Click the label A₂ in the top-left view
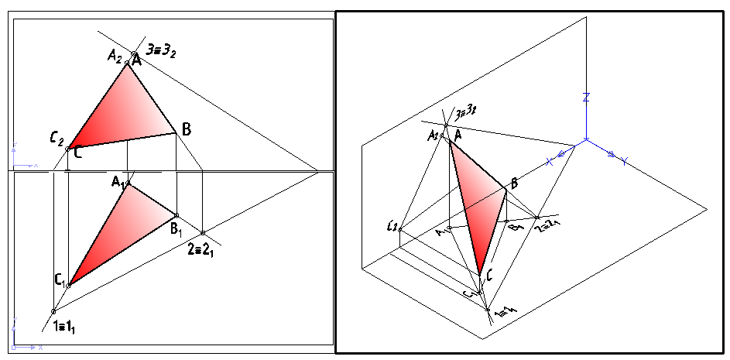point(115,55)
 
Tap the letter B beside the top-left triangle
point(186,129)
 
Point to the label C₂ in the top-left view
point(56,139)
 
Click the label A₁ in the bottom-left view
point(118,182)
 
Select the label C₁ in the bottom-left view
point(59,279)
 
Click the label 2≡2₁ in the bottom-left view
point(200,249)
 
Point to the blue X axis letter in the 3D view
point(550,161)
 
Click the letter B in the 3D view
point(512,183)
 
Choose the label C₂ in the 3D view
point(392,226)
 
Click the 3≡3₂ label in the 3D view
point(464,114)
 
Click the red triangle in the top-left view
point(128,108)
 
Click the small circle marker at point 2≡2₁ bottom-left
point(203,233)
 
